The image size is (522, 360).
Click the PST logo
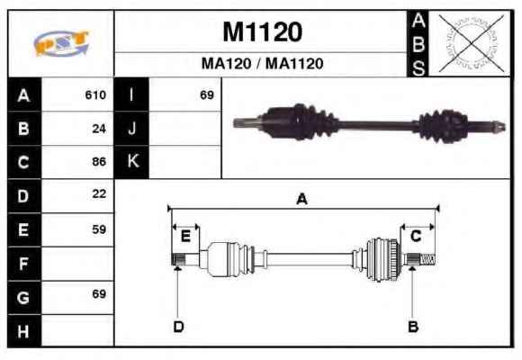click(61, 43)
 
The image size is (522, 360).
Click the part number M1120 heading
click(262, 32)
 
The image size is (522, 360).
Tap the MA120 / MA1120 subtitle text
click(262, 63)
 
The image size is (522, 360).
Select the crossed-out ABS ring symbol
click(471, 42)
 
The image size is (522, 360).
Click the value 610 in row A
click(95, 94)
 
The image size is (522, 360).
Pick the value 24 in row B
click(99, 129)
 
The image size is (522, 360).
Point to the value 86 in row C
click(99, 161)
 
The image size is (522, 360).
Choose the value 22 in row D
click(99, 193)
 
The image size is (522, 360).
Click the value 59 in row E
click(99, 229)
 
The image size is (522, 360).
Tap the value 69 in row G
click(99, 293)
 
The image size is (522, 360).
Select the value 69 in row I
click(207, 94)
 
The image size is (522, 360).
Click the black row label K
click(131, 161)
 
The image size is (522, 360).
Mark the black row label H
click(24, 331)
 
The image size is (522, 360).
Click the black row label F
click(24, 264)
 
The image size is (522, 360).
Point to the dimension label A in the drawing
click(301, 199)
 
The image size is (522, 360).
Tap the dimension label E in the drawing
click(185, 237)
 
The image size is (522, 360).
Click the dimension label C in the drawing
click(416, 236)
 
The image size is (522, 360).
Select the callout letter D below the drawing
click(178, 327)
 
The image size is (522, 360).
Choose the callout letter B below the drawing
click(413, 327)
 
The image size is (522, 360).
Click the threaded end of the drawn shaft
click(427, 259)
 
